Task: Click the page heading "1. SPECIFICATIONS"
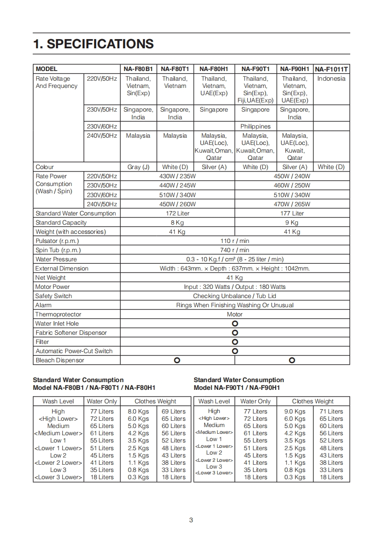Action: point(93,44)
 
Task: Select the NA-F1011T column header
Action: point(331,69)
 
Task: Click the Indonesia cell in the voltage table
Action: point(331,79)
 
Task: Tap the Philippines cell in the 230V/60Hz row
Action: point(255,127)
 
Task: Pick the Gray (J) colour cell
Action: point(138,167)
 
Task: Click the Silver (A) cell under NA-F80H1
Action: point(214,167)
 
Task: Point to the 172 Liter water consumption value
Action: point(177,214)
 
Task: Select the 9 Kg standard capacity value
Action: point(292,223)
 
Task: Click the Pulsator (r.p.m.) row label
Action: point(57,241)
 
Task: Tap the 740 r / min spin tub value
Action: point(235,250)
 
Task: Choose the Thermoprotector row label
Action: point(58,314)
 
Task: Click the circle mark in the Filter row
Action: point(235,342)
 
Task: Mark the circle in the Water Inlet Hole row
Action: point(235,324)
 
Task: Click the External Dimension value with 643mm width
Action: point(235,269)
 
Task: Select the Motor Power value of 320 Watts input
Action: point(235,287)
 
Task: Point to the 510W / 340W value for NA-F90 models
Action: point(292,195)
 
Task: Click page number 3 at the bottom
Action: point(191,520)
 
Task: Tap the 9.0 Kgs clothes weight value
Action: point(295,412)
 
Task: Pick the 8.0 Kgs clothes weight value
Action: point(138,412)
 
